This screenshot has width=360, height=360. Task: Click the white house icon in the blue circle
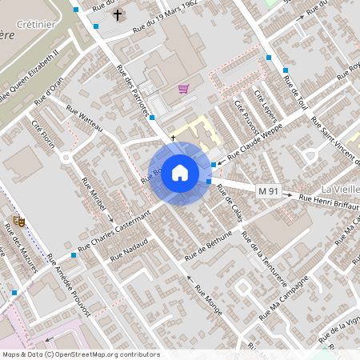point(180,172)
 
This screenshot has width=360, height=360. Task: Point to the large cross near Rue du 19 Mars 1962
point(118,14)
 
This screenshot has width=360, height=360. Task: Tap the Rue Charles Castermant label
point(114,229)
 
